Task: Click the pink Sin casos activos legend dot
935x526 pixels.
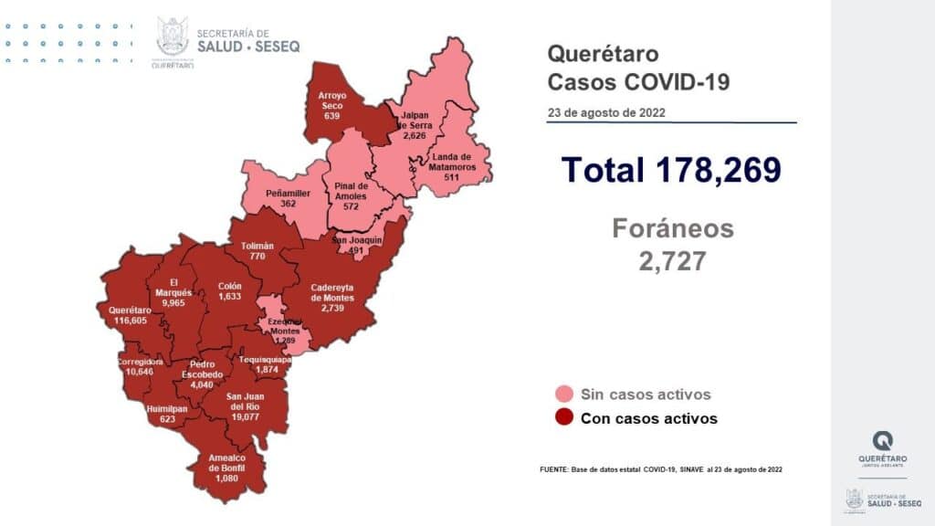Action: coord(564,394)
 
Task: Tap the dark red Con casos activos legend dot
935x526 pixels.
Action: coord(564,418)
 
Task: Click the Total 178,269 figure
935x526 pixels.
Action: coord(671,170)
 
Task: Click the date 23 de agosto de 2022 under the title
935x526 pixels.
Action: coord(606,113)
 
